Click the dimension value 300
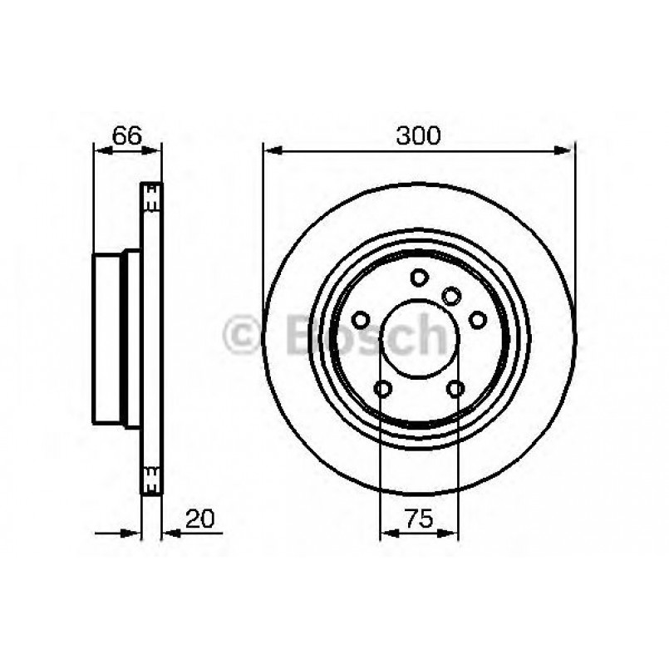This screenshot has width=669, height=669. tap(418, 135)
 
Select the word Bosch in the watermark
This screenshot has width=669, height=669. tap(366, 335)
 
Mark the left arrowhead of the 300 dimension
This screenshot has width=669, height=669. tap(269, 150)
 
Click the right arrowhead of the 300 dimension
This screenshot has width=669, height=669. tap(568, 150)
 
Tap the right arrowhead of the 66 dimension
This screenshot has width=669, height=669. tap(155, 150)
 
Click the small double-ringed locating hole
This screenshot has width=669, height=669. tap(451, 295)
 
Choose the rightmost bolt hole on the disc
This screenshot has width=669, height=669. tap(478, 319)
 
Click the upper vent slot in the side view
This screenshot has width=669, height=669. tap(151, 196)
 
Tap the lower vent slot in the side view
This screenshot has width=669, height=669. tap(151, 477)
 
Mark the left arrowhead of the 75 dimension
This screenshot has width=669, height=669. tap(386, 533)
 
